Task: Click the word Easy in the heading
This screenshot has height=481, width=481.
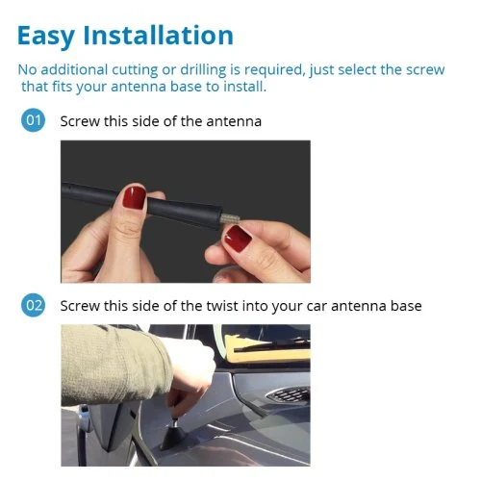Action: point(46,36)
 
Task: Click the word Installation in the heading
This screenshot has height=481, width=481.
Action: point(158,35)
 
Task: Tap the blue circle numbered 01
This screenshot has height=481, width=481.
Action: point(33,120)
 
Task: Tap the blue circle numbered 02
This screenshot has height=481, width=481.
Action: point(33,305)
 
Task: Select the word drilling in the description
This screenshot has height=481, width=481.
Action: point(203,70)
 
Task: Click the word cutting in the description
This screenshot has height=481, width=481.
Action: point(135,70)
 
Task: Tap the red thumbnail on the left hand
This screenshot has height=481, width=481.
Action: point(134,197)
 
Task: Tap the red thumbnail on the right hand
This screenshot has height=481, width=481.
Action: point(237,239)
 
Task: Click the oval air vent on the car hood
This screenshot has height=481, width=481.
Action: point(288,394)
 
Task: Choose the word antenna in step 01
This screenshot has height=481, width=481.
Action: point(234,122)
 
